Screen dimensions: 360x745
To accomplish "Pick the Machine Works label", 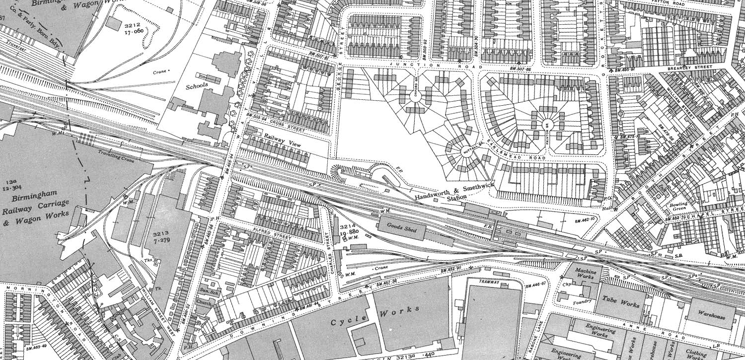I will point(586,274).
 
